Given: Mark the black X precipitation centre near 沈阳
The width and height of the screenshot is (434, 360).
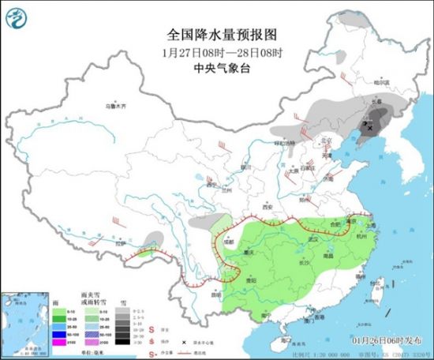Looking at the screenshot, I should click(x=369, y=126).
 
